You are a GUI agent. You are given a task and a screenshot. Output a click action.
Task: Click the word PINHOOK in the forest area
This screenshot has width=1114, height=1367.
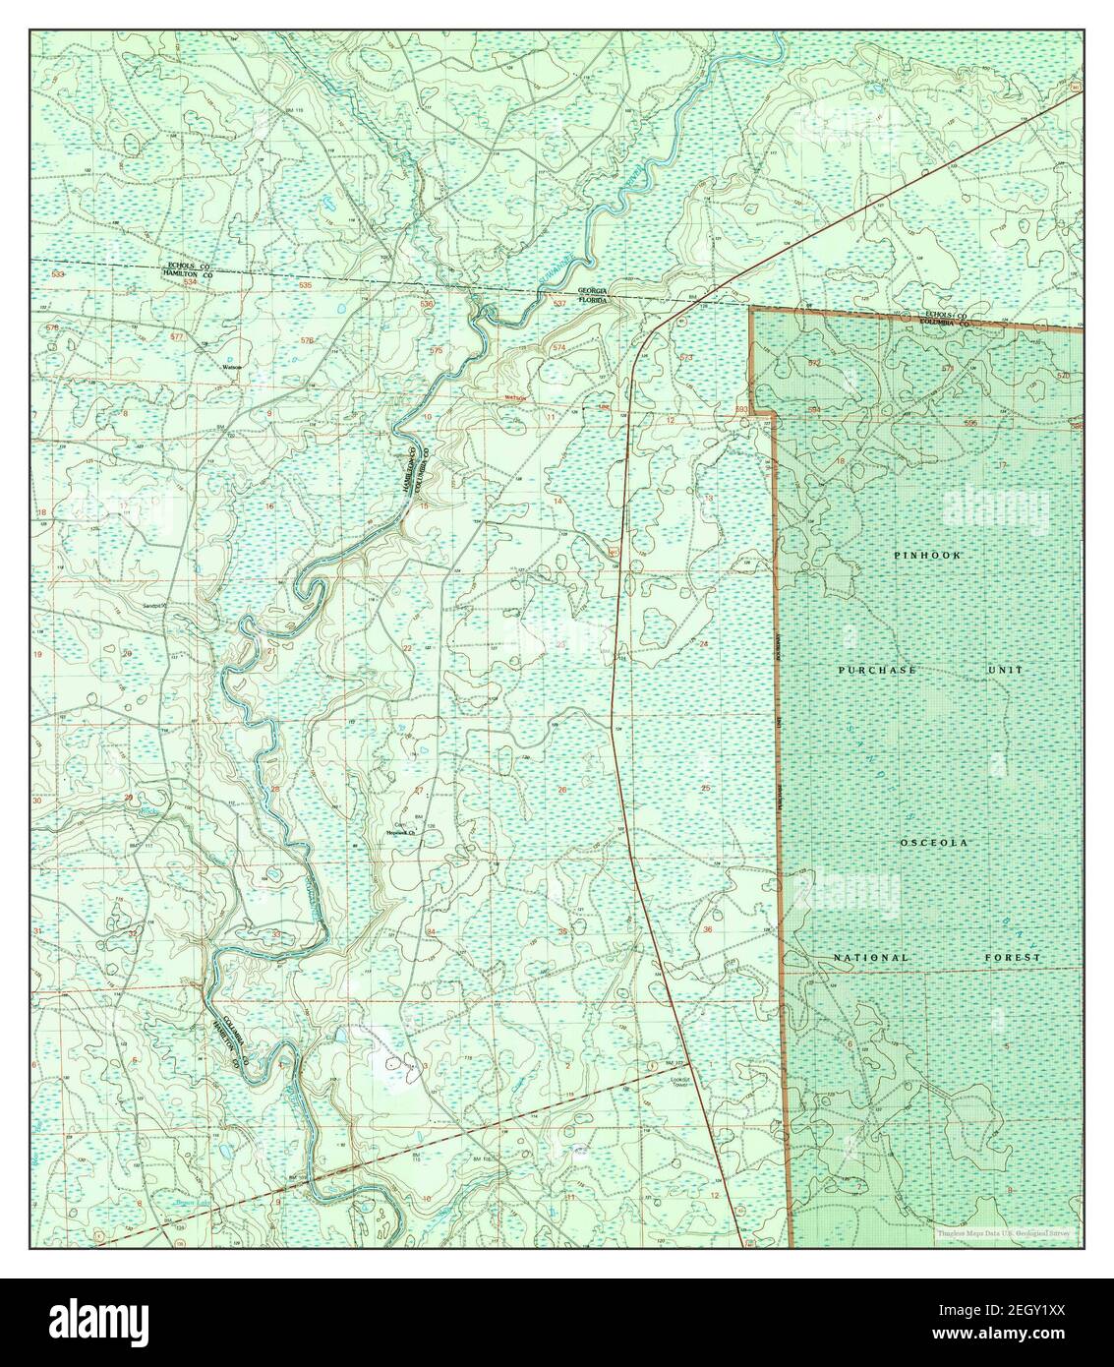point(928,556)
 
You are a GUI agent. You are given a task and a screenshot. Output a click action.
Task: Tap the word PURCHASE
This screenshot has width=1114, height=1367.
point(878,670)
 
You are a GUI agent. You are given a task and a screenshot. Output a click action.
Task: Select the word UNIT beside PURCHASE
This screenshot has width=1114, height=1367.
point(1006,670)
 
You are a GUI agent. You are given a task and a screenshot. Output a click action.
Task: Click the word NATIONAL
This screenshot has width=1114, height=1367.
point(871,957)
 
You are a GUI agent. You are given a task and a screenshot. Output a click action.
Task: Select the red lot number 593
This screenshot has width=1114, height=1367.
point(742,407)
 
